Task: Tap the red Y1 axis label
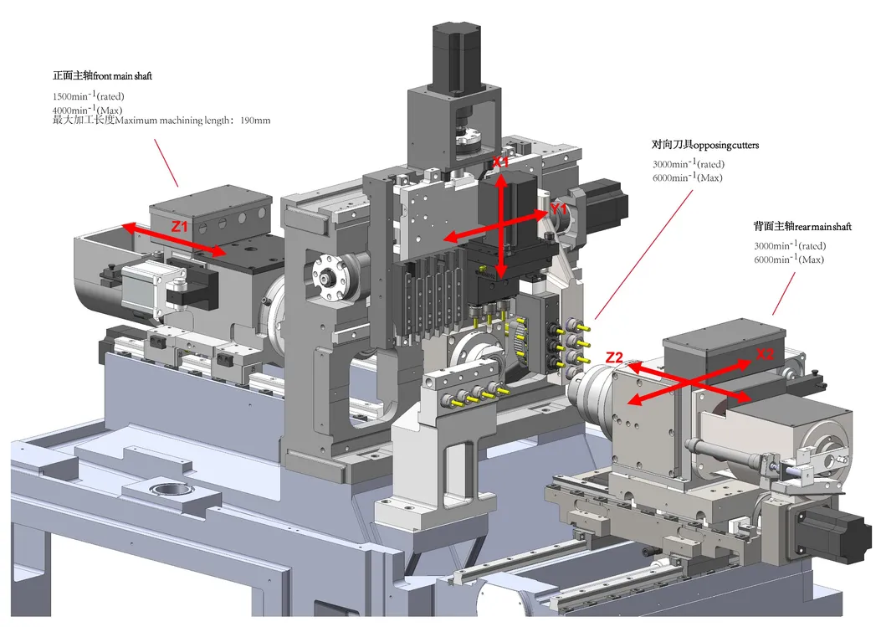click(559, 207)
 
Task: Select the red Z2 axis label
click(615, 357)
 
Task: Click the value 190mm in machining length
click(255, 121)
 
